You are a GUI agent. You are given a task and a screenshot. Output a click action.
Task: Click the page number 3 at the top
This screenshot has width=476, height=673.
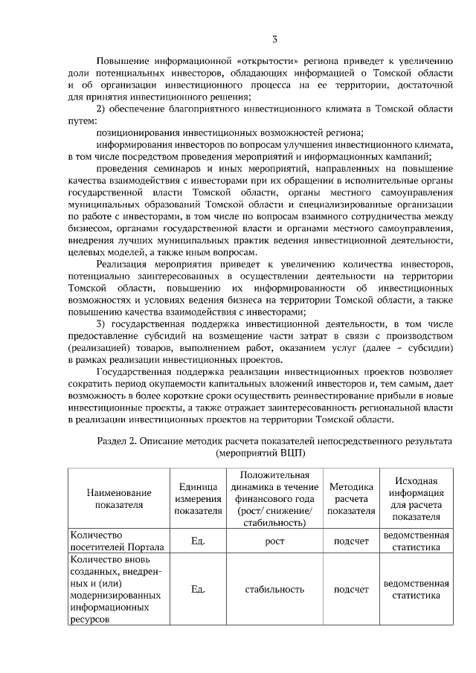click(x=274, y=38)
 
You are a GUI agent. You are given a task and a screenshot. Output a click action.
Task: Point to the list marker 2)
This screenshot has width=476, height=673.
click(x=105, y=109)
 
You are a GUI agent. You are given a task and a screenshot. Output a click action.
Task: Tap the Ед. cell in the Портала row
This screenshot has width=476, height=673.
click(x=198, y=541)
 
